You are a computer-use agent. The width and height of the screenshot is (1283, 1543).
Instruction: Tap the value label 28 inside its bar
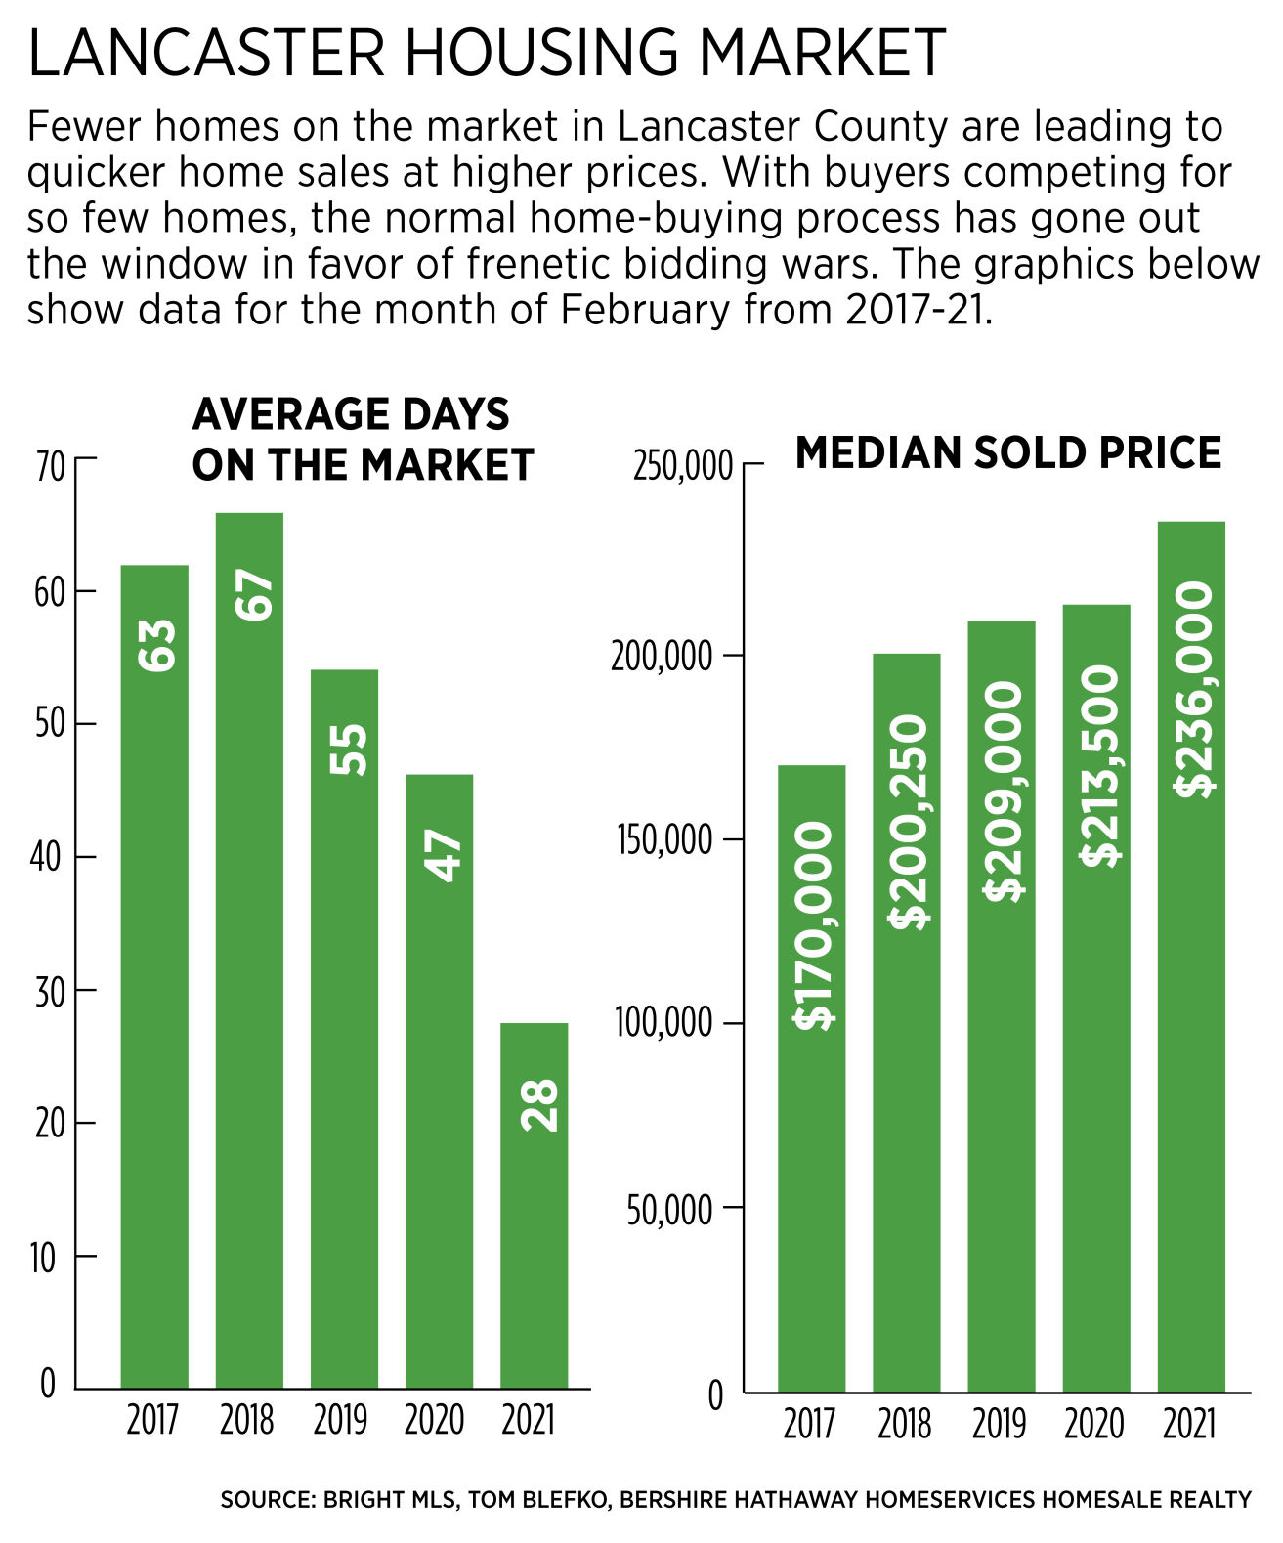point(539,1105)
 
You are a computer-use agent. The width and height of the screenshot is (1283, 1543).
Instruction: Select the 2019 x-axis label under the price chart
point(999,1424)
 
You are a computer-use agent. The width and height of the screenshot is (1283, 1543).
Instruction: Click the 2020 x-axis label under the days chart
point(434,1420)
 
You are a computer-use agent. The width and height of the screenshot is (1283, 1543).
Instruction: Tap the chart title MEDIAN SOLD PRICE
point(1007,453)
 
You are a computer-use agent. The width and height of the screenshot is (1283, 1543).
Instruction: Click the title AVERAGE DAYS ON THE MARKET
point(362,440)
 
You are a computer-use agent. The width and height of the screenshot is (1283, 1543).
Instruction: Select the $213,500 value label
point(1099,765)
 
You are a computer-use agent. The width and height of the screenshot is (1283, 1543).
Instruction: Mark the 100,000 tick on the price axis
point(663,1023)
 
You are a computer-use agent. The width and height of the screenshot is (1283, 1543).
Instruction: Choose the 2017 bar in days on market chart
point(154,977)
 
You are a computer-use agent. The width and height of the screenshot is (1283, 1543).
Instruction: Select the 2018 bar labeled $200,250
point(907,1022)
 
